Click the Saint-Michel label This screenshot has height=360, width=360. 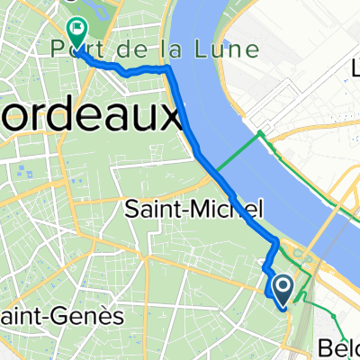click(190, 211)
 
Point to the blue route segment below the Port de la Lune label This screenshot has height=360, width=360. click(126, 72)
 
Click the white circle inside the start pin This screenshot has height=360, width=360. click(282, 286)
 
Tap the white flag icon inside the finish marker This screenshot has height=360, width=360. click(75, 30)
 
